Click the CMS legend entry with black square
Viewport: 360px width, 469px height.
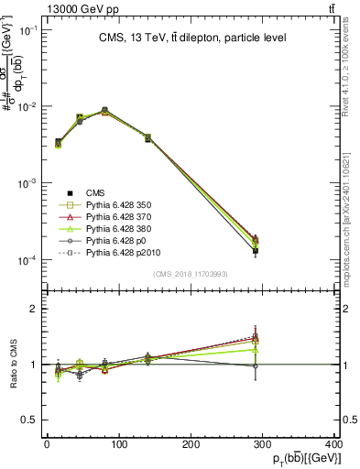point(95,192)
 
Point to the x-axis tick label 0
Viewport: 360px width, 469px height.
point(47,443)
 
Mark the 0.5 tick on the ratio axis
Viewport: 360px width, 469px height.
point(30,420)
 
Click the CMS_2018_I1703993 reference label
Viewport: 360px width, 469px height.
point(191,275)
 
